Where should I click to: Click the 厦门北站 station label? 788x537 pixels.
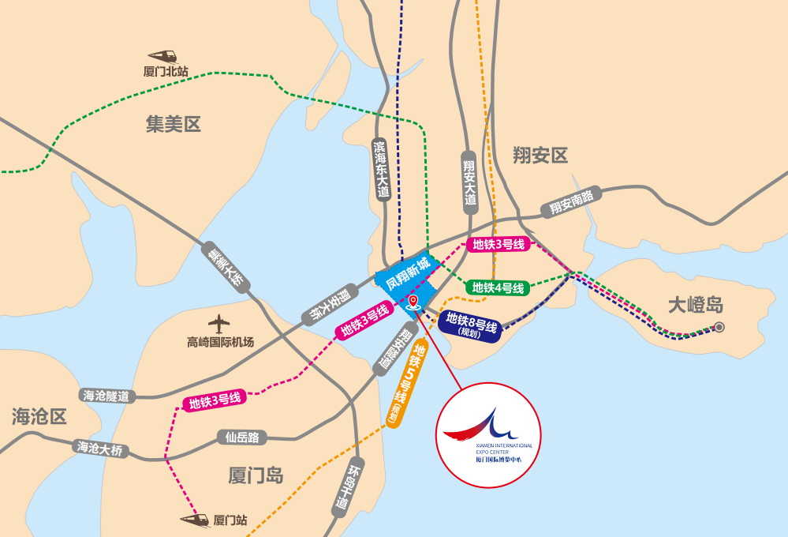(166, 72)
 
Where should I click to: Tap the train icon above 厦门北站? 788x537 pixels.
(163, 56)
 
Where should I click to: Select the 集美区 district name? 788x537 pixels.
(174, 124)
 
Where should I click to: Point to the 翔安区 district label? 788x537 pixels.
(540, 155)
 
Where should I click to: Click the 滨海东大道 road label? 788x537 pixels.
(383, 171)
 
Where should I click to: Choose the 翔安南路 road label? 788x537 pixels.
(571, 203)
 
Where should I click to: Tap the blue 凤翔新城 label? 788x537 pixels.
(404, 273)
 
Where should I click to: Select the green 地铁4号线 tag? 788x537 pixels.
(498, 287)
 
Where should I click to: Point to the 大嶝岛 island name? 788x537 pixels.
(695, 305)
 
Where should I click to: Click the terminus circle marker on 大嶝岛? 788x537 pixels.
(719, 328)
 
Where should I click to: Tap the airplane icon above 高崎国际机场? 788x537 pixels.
(219, 323)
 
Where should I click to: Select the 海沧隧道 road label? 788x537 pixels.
(106, 396)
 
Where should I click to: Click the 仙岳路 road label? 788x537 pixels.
(242, 437)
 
